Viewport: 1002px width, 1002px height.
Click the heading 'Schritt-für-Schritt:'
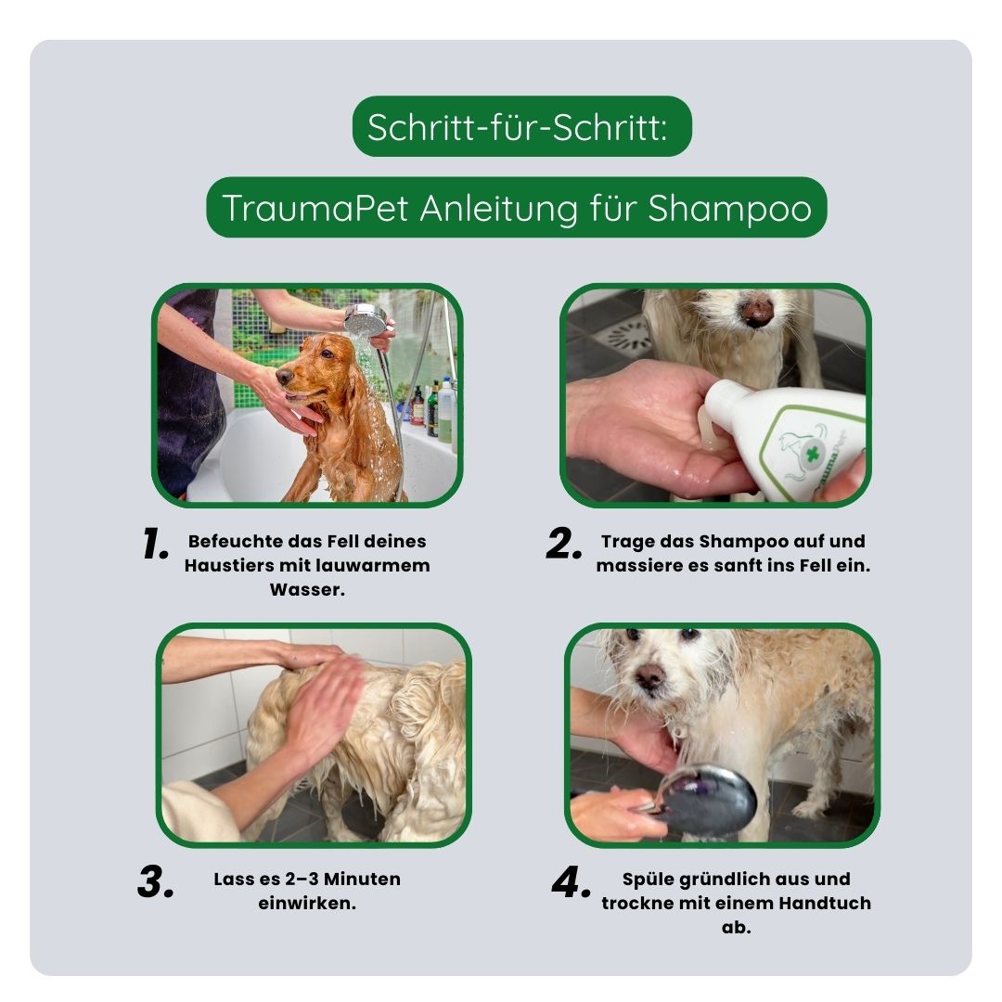[516, 127]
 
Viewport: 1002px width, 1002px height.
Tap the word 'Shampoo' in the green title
[729, 208]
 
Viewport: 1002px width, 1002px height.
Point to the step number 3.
[156, 883]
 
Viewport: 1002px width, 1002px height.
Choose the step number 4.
[571, 883]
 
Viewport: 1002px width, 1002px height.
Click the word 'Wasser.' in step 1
[307, 589]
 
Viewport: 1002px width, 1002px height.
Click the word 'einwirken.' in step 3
[307, 903]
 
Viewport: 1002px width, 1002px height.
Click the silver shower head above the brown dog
[365, 320]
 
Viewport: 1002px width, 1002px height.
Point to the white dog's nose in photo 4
[649, 676]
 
